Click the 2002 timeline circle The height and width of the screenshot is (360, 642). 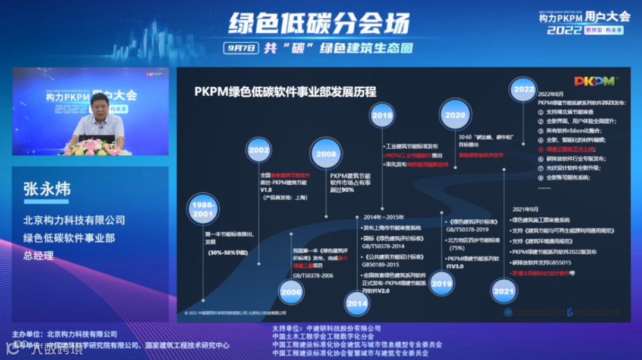point(259,151)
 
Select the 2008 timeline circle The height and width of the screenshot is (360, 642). point(326,154)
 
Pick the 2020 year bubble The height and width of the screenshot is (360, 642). point(455,115)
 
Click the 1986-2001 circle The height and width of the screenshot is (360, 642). point(204,209)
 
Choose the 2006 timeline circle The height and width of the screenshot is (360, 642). point(291,292)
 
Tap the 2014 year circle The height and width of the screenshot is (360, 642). point(357,303)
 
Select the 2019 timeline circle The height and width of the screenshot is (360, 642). point(442,284)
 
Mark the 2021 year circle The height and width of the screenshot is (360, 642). point(504,291)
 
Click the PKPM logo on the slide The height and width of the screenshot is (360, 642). point(594,81)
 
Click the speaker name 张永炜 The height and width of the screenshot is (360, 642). point(47,189)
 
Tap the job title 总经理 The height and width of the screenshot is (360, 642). point(39,255)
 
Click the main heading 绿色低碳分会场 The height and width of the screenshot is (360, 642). point(319,24)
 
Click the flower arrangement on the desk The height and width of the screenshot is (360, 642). point(96,147)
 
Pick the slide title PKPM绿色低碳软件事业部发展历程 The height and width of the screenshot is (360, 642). point(285,91)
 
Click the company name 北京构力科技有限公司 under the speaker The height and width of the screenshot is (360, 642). point(74,220)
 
